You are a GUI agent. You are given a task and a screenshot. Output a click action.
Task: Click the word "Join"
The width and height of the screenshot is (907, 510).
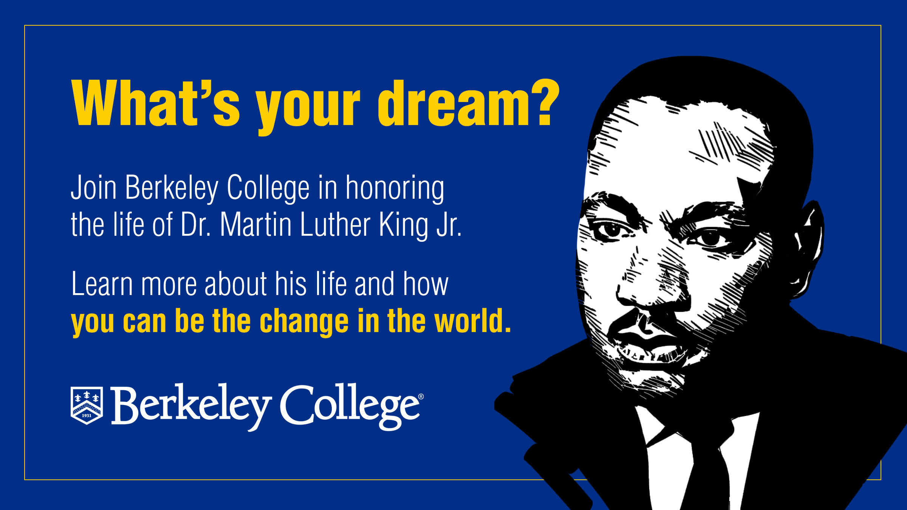click(94, 187)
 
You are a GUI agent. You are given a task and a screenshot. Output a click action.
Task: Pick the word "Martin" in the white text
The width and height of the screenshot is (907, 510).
click(256, 224)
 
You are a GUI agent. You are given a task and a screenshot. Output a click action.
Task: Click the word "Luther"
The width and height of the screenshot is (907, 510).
click(335, 224)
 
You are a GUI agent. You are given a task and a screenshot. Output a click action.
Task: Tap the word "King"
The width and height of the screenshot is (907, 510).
click(403, 225)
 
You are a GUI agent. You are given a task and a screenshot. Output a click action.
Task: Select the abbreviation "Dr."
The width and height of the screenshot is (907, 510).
click(195, 224)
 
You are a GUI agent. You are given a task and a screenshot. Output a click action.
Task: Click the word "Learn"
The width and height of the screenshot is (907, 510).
click(102, 284)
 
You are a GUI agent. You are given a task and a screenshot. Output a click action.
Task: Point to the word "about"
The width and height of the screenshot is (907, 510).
click(236, 284)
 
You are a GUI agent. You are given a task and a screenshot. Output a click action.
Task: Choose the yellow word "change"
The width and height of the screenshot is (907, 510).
click(304, 322)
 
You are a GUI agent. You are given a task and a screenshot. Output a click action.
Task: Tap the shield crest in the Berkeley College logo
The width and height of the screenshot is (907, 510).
click(87, 405)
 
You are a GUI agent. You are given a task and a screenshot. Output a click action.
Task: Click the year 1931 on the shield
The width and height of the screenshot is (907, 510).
click(87, 416)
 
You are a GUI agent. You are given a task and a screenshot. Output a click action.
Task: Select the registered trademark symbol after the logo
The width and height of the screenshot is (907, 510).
click(421, 397)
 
